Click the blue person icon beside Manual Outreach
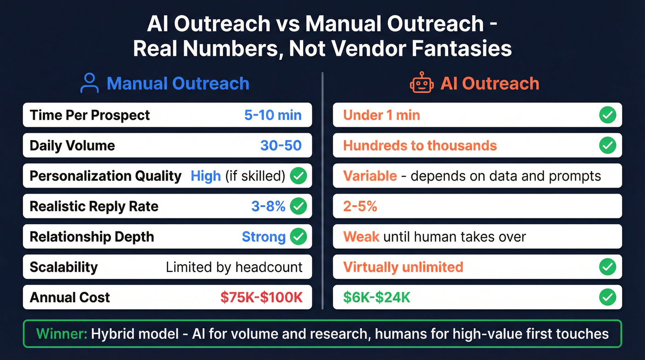[89, 83]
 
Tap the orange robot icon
[422, 83]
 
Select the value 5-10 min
[273, 115]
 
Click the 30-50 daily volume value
[281, 145]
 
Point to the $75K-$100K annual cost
[261, 297]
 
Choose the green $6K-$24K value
[376, 297]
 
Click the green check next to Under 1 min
[608, 115]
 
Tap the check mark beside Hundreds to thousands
[608, 145]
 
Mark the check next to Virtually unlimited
[608, 267]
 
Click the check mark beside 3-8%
[299, 206]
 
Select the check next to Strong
[299, 236]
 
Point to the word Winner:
[61, 333]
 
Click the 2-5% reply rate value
[360, 206]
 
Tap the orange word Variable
[370, 176]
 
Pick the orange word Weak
[361, 236]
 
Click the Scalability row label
[64, 267]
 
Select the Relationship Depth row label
[92, 236]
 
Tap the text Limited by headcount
[234, 267]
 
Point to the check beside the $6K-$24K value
[608, 297]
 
